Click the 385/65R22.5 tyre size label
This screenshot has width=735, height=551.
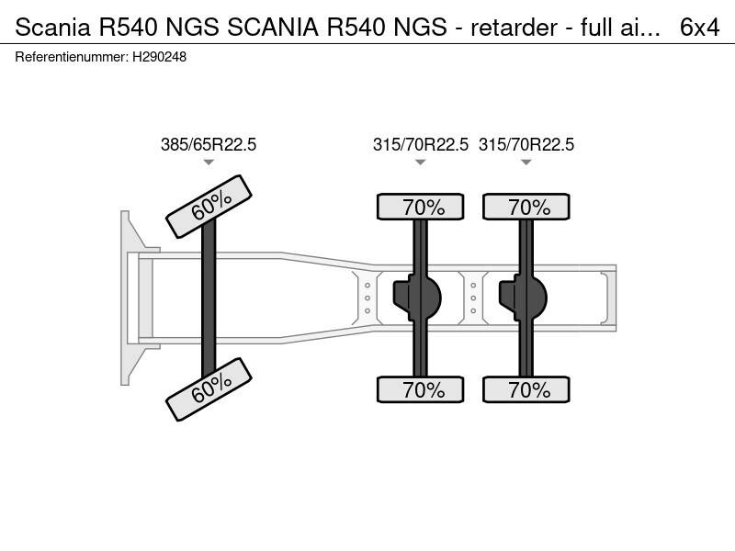209,144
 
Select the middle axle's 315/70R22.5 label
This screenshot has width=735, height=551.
420,144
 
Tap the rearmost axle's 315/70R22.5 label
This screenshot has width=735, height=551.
526,144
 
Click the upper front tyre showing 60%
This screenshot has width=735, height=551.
209,206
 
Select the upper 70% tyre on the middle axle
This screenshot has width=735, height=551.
421,208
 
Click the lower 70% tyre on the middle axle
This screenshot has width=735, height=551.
421,389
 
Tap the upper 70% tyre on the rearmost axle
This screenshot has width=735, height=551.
526,208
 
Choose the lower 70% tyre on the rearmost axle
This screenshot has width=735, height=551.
526,389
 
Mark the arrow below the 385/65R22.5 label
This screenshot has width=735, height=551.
209,163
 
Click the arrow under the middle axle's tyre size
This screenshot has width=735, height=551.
420,163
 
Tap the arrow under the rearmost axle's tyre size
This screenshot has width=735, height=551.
526,163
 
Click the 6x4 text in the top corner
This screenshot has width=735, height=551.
699,28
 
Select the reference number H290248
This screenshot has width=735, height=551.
161,57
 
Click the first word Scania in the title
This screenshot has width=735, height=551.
48,28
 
